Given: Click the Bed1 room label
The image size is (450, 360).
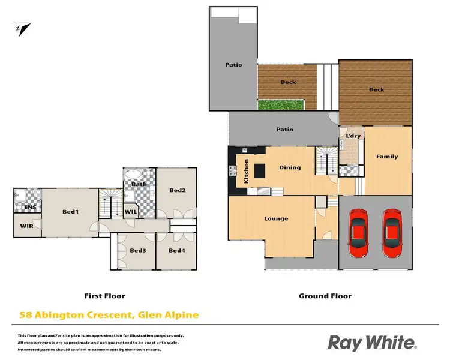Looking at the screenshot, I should (72, 212).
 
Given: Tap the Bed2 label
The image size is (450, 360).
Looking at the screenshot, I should (176, 190).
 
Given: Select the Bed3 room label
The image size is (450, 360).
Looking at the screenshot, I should (138, 250).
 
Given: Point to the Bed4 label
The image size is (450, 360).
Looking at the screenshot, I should (176, 250).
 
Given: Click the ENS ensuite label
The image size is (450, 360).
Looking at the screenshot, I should (29, 208).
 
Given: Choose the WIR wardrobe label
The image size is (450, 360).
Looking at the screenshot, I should (27, 226).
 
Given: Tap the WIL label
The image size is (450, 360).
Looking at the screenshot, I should (131, 211).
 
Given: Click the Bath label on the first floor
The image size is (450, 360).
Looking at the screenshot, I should (139, 184).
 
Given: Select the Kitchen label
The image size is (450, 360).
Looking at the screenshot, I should (246, 172).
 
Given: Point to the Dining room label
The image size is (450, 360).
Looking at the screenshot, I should (290, 167).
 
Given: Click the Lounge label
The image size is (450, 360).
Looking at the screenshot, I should (276, 218).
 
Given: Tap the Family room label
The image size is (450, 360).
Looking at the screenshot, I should (387, 157).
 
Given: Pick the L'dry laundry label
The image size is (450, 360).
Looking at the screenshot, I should (353, 136).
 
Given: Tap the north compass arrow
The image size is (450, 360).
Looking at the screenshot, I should (23, 28).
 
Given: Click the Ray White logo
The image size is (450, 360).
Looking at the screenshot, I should (371, 343).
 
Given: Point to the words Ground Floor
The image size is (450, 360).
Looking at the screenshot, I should (325, 296).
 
